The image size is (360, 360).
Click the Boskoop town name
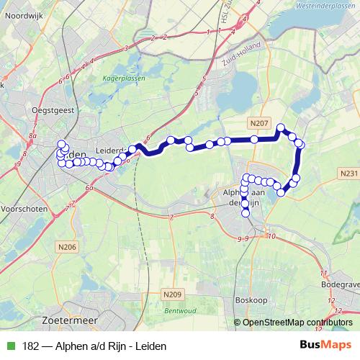tap(252, 300)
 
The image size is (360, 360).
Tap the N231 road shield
tap(346, 173)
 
